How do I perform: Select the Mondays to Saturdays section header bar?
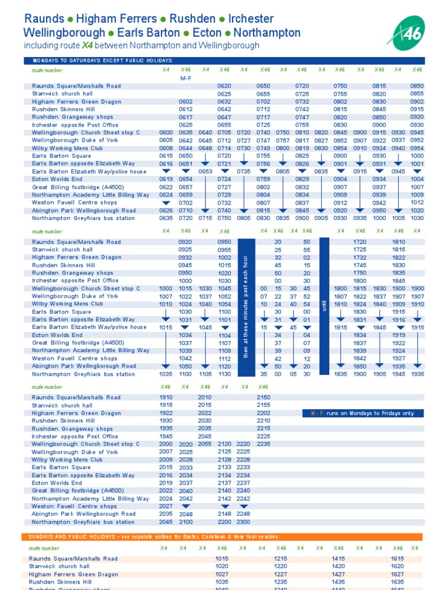(x=224, y=60)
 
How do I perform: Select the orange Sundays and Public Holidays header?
(x=224, y=536)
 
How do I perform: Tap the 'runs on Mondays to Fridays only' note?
(x=363, y=413)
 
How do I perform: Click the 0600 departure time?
(x=166, y=133)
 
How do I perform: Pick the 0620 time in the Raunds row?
(x=224, y=86)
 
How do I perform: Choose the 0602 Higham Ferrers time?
(x=186, y=101)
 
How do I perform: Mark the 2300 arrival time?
(x=243, y=522)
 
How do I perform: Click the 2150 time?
(x=264, y=398)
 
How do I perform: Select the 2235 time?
(x=264, y=444)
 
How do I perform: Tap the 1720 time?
(x=360, y=242)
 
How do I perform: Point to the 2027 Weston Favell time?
(x=166, y=506)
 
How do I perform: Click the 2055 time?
(x=205, y=444)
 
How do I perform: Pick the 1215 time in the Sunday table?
(x=281, y=559)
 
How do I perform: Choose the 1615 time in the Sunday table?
(x=397, y=559)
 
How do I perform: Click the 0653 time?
(x=205, y=172)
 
